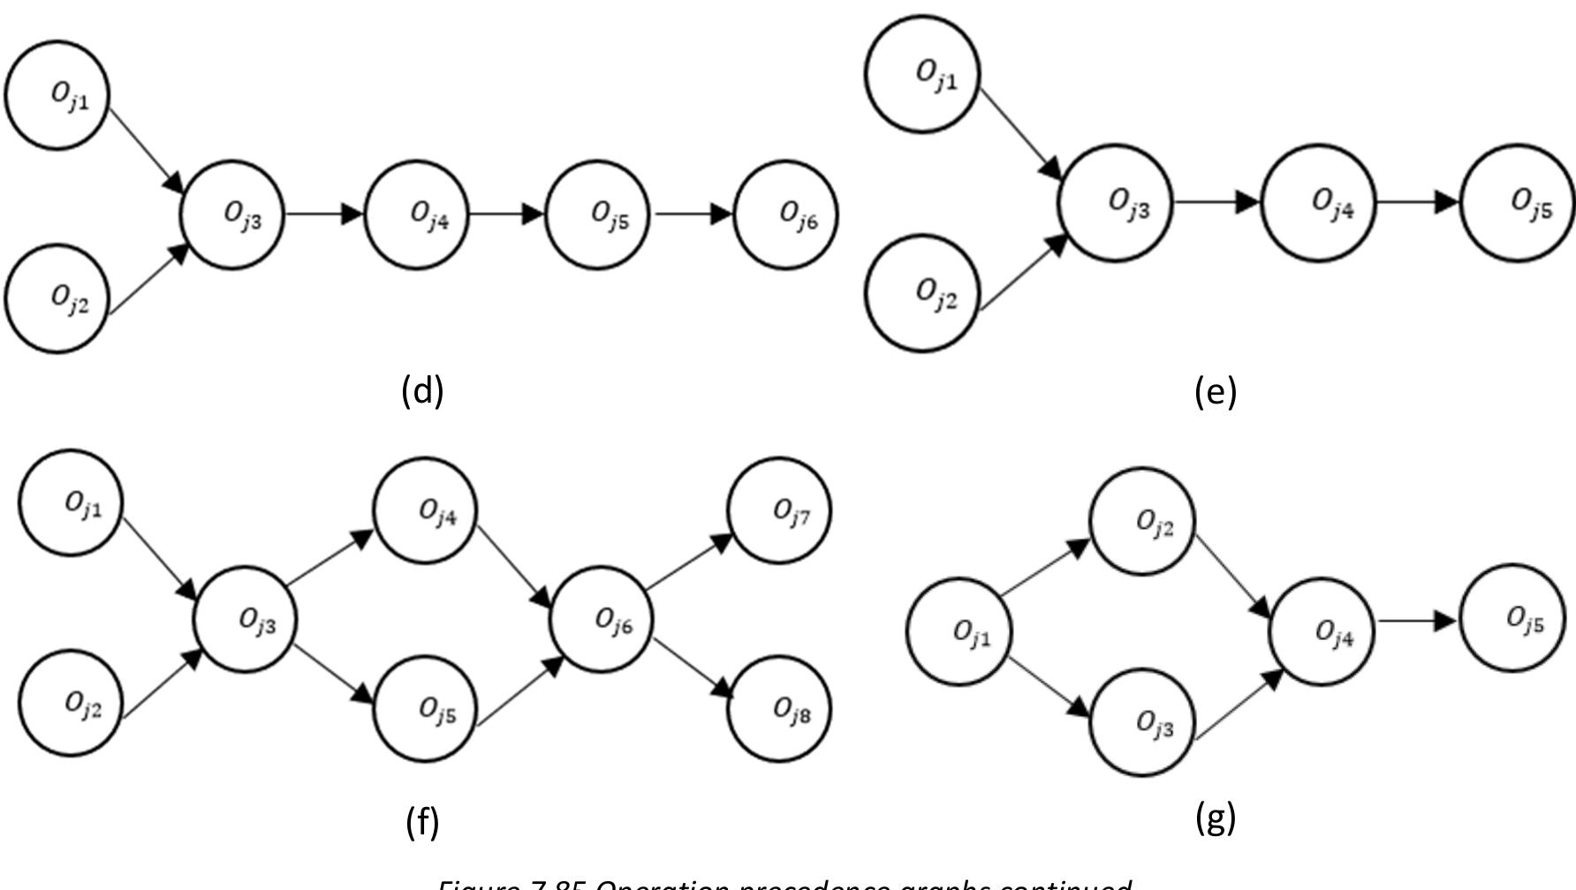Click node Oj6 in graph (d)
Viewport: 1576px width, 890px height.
pos(785,215)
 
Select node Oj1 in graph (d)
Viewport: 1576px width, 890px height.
pos(58,94)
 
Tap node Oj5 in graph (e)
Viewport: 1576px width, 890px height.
pos(1517,203)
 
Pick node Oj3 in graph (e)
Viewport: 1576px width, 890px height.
pos(1115,203)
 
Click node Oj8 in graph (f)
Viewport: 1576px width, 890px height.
pos(779,708)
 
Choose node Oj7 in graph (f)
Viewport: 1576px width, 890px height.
pos(779,509)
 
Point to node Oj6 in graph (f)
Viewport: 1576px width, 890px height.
pos(602,620)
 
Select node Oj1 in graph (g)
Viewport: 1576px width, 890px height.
pos(959,630)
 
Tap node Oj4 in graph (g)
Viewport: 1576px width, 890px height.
pos(1322,631)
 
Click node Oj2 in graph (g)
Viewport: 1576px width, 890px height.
pos(1143,522)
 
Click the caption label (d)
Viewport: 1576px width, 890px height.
pos(421,389)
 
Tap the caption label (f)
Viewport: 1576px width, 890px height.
pos(422,822)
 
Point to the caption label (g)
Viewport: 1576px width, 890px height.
pos(1215,818)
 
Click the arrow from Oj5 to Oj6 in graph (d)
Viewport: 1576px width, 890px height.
pos(693,214)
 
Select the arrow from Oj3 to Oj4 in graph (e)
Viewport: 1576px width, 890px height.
pos(1217,202)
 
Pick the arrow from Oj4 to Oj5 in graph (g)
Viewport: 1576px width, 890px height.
pos(1417,621)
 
